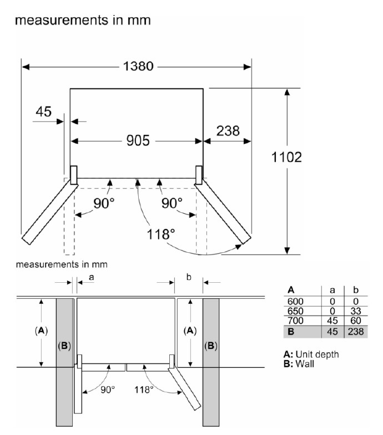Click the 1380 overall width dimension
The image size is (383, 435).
[x=137, y=66]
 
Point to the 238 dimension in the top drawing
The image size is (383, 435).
[x=228, y=131]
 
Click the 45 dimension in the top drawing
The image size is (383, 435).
[x=43, y=112]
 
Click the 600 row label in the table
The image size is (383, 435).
[x=295, y=301]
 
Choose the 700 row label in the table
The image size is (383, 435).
[x=295, y=321]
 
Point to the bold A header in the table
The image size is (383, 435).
[x=291, y=290]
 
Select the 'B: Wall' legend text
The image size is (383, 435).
[x=300, y=363]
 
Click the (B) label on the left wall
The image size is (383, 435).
[x=64, y=346]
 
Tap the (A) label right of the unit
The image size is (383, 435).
[x=190, y=330]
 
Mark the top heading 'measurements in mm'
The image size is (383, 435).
[x=83, y=21]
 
